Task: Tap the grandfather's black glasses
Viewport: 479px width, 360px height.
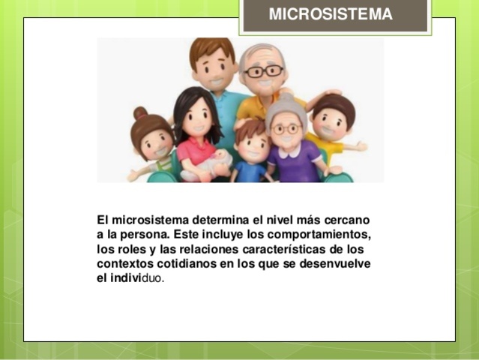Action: pyautogui.click(x=263, y=72)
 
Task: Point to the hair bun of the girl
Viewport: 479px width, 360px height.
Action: pyautogui.click(x=140, y=113)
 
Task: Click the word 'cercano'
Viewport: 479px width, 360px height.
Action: pyautogui.click(x=346, y=220)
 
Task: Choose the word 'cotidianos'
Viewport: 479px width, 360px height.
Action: pyautogui.click(x=189, y=264)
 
